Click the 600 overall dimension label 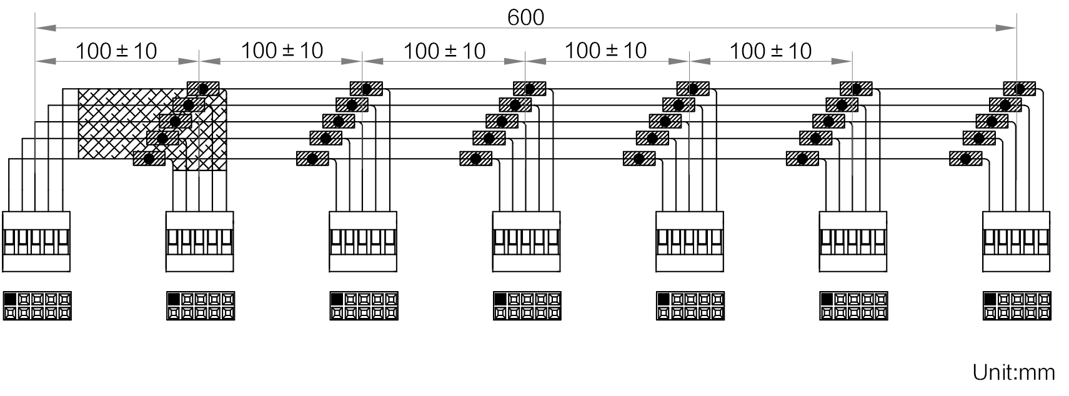point(525,17)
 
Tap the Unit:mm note point(1013,372)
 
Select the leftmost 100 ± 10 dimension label point(116,51)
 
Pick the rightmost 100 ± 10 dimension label point(770,51)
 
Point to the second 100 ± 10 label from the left point(282,51)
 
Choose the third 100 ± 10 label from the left point(444,51)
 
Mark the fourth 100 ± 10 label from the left point(605,51)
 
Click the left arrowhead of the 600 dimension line point(46,27)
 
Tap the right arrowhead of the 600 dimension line point(1005,27)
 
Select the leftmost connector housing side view point(36,242)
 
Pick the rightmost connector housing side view point(1016,242)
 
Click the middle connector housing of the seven point(527,242)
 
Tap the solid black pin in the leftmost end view point(10,299)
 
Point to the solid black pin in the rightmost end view point(990,299)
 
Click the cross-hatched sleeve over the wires point(152,129)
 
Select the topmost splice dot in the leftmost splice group point(203,89)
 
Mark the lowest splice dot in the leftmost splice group point(149,159)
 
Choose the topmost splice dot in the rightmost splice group point(1020,89)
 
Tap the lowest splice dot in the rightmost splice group point(965,159)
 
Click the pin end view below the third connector point(364,306)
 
